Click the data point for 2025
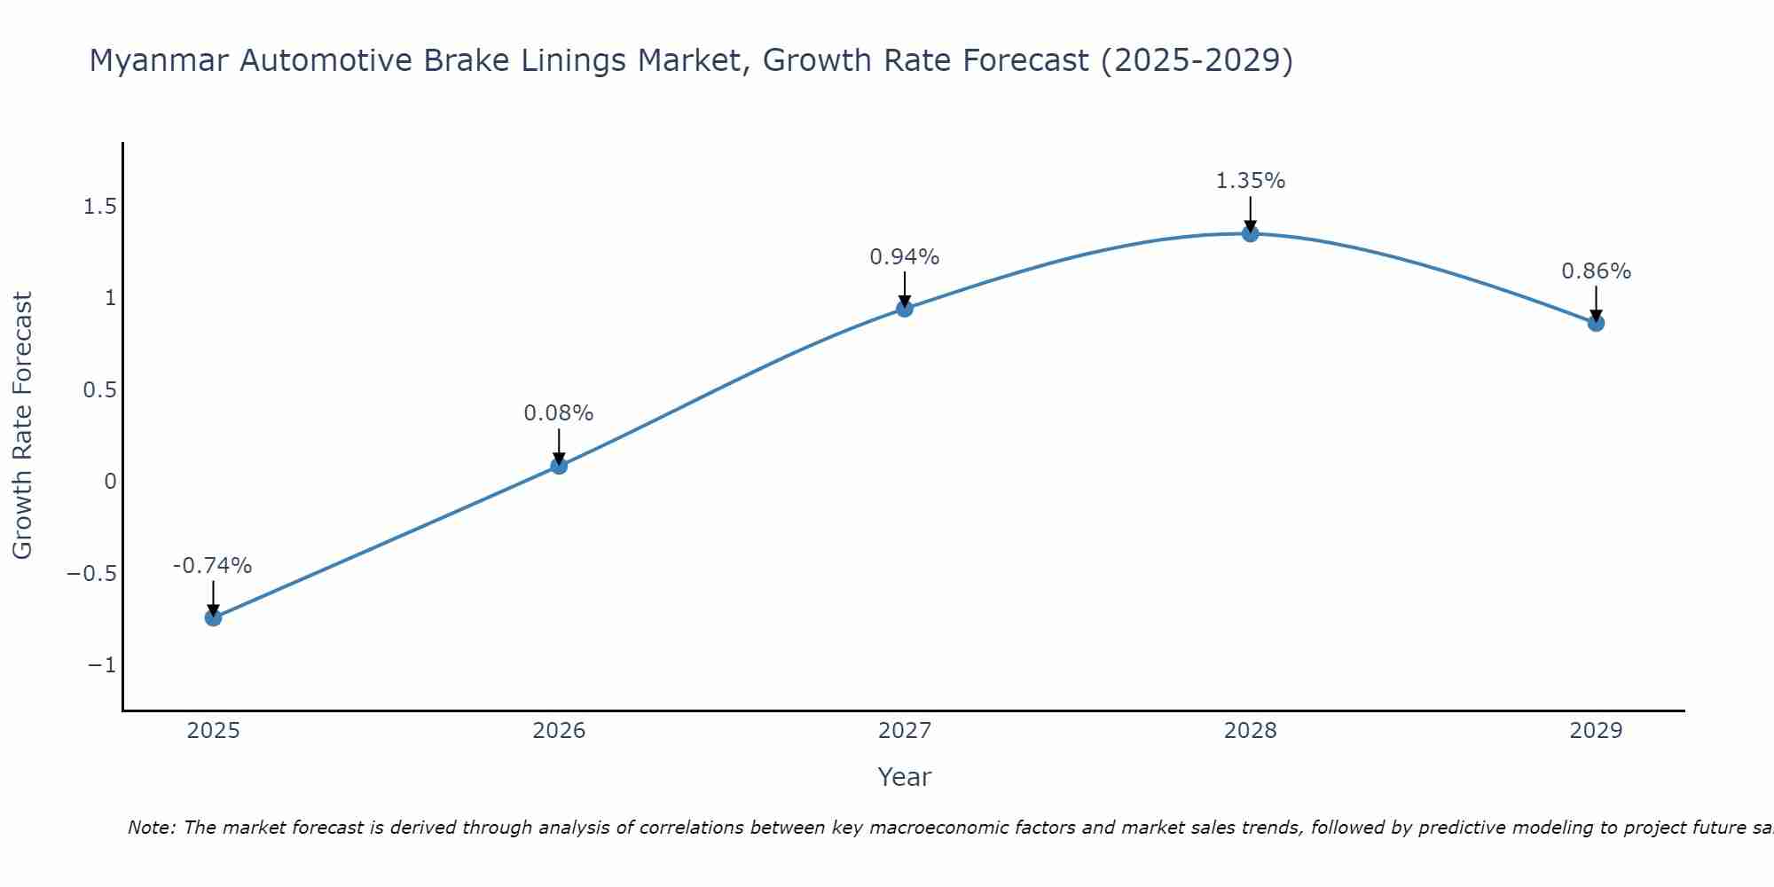(x=213, y=617)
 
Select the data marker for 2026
(x=559, y=466)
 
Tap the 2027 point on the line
(x=905, y=309)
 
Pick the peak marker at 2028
(x=1250, y=233)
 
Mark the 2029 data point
(x=1596, y=323)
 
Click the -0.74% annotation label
(x=213, y=566)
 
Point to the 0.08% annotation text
(x=559, y=413)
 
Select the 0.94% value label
(x=905, y=257)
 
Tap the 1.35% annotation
(x=1250, y=181)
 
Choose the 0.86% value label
(x=1596, y=271)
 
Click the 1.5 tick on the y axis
(x=99, y=207)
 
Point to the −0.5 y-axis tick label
(x=91, y=573)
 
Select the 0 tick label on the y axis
(x=110, y=482)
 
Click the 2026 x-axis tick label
(x=559, y=731)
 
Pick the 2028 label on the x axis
(x=1250, y=731)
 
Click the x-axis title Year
(x=904, y=777)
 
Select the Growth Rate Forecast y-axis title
(x=23, y=426)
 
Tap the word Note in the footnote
(x=150, y=828)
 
